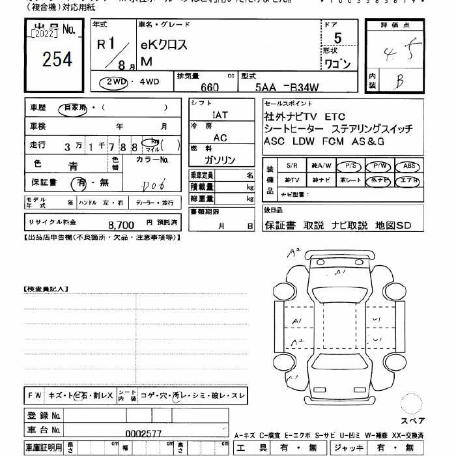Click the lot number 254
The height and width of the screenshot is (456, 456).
click(x=57, y=60)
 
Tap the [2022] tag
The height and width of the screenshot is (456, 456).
click(x=44, y=33)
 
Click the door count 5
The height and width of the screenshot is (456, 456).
click(x=337, y=39)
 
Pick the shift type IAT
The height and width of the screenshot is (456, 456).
click(x=220, y=115)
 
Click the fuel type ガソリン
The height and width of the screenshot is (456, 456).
click(x=220, y=160)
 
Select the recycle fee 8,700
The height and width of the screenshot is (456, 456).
click(x=121, y=224)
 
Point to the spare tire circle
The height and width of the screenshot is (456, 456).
click(x=412, y=404)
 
